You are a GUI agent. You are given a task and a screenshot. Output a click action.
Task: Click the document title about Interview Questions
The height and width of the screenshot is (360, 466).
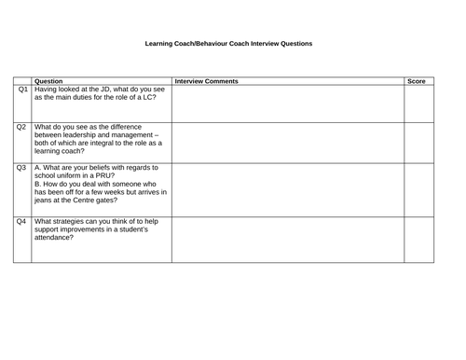(229, 44)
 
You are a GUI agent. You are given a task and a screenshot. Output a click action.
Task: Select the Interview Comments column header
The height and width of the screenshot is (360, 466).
(206, 81)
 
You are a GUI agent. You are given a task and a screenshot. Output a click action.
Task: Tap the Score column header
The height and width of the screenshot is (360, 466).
(417, 81)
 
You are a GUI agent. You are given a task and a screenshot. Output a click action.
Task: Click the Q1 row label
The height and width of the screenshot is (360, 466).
(21, 90)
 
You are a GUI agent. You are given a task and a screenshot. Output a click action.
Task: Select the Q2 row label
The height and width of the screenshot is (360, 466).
(21, 128)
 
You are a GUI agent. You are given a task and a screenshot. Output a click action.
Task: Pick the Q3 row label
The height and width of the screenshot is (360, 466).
(21, 168)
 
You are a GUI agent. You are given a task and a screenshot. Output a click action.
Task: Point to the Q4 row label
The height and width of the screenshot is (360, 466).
(21, 221)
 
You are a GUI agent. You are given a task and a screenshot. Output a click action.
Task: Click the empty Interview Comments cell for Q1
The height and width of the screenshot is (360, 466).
(287, 104)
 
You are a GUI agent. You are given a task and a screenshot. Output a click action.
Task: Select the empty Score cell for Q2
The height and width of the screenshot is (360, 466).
(418, 142)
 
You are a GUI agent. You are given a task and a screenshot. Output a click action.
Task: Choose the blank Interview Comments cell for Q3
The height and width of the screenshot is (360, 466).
(287, 189)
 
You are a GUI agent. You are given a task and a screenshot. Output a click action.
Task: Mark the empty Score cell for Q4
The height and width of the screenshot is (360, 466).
(418, 239)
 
